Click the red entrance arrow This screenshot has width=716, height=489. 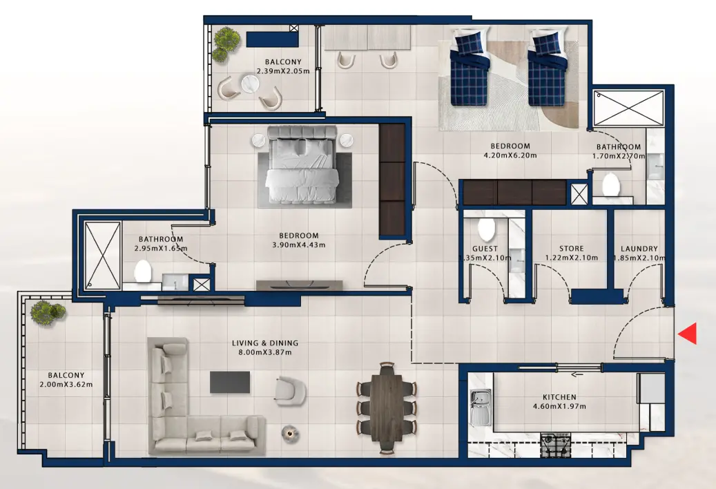[x=688, y=334]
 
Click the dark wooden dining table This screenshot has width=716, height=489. [x=386, y=407]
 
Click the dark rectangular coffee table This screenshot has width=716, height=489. [x=229, y=381]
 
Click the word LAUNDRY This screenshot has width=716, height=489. [x=639, y=249]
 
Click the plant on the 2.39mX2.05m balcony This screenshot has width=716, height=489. [x=224, y=43]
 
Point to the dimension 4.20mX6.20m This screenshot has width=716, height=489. [x=510, y=155]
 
